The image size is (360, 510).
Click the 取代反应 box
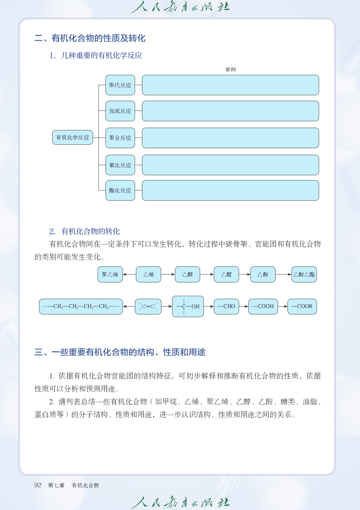click(120, 85)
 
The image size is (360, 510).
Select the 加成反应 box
click(120, 111)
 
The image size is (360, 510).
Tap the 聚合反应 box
click(120, 138)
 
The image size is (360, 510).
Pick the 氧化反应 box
click(120, 165)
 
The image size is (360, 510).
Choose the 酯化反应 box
click(120, 191)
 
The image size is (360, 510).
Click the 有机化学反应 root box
click(73, 137)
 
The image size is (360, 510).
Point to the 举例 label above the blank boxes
click(230, 70)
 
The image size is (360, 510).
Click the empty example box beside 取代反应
click(230, 85)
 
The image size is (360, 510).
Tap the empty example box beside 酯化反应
click(230, 191)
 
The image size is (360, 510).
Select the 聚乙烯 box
click(110, 274)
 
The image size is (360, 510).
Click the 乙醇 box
click(187, 274)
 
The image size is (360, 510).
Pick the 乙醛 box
click(226, 274)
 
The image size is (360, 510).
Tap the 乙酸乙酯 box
click(304, 274)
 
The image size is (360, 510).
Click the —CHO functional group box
click(226, 307)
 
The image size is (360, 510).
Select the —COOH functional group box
click(263, 307)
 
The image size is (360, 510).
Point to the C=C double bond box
click(148, 307)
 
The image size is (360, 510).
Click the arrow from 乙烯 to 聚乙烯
click(129, 274)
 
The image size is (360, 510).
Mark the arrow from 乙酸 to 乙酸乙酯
click(283, 274)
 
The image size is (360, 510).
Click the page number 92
click(38, 485)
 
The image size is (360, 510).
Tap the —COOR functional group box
click(302, 307)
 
